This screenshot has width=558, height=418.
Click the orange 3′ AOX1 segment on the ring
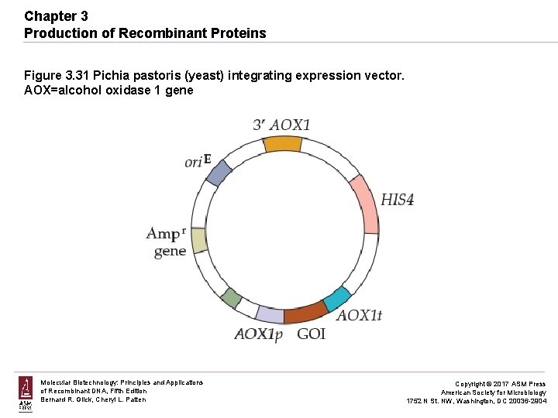click(282, 144)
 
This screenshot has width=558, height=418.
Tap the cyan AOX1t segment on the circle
click(336, 299)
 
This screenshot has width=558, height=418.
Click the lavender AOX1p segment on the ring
click(270, 314)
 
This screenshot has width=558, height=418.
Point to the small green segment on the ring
click(230, 296)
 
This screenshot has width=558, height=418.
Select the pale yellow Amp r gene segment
click(199, 241)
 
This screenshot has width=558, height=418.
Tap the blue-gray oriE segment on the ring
click(218, 173)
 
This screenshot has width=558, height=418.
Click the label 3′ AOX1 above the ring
click(281, 125)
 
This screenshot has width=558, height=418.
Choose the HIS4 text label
click(397, 200)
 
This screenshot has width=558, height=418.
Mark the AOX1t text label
click(359, 316)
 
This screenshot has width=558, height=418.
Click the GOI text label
click(311, 334)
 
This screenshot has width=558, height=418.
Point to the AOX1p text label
click(259, 334)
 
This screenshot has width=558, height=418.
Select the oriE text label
click(198, 161)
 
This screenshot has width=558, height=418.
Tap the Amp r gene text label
click(166, 242)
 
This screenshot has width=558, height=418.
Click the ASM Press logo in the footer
click(26, 394)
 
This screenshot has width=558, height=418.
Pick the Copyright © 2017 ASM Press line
click(500, 384)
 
